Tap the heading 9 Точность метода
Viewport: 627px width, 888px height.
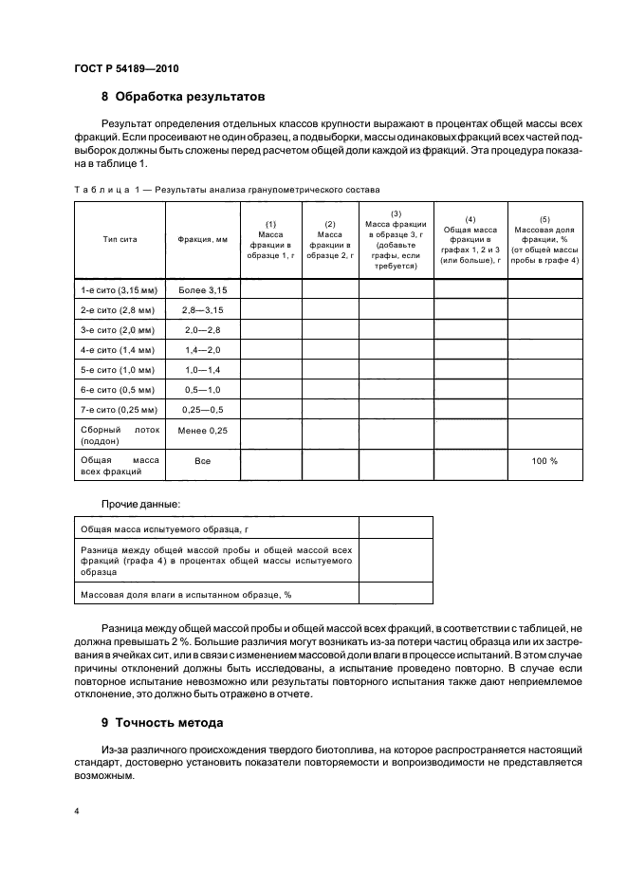(x=162, y=722)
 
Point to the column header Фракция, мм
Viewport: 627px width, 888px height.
(x=202, y=239)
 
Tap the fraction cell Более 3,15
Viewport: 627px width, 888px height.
(x=202, y=288)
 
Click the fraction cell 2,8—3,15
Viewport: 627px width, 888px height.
(x=202, y=309)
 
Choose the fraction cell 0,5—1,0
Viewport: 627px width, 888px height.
(x=202, y=390)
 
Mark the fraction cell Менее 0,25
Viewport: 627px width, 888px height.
(x=202, y=430)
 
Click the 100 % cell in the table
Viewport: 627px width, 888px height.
(x=544, y=461)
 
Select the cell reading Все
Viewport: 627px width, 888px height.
(x=202, y=461)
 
